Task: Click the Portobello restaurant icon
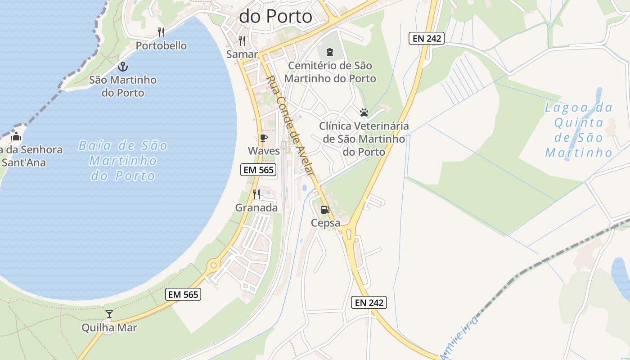click(x=161, y=32)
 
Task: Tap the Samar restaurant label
click(x=242, y=54)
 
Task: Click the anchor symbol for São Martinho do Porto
click(x=123, y=67)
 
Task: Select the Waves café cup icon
click(x=263, y=138)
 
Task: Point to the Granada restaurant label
click(x=256, y=208)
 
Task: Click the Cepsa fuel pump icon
click(x=325, y=210)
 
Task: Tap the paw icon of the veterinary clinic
click(x=364, y=112)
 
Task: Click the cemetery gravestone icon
click(x=330, y=52)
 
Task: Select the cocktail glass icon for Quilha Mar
click(x=109, y=314)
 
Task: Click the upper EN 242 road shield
click(x=427, y=38)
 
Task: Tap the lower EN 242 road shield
click(x=369, y=302)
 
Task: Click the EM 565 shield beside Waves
click(x=258, y=170)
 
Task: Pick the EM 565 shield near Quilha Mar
click(x=183, y=294)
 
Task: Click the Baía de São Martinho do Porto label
click(x=123, y=161)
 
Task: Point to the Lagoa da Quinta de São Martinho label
click(x=579, y=130)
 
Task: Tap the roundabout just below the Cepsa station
click(x=348, y=233)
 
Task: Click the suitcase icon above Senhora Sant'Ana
click(x=17, y=136)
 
